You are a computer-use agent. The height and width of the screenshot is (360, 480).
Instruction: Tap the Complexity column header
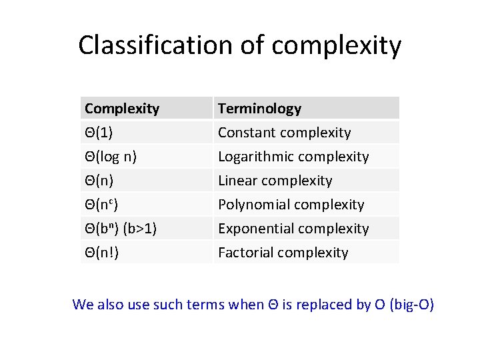(x=122, y=108)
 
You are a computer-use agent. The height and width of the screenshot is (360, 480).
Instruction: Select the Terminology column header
(x=259, y=108)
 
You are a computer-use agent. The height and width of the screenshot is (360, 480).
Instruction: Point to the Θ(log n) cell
(x=111, y=156)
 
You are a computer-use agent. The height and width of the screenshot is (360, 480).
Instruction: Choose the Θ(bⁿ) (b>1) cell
(x=120, y=228)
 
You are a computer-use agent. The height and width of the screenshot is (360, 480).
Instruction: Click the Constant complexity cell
(x=284, y=132)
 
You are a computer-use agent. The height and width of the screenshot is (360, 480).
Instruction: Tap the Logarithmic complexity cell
(x=293, y=156)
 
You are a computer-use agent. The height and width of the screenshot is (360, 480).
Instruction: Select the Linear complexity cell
(x=275, y=180)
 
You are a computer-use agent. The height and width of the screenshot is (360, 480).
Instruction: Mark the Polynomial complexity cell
(x=291, y=204)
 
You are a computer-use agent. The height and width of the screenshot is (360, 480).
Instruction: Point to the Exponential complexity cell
(x=293, y=228)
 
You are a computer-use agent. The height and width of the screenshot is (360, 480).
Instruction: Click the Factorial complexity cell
(x=283, y=252)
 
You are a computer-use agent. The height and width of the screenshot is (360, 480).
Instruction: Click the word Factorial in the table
(x=246, y=252)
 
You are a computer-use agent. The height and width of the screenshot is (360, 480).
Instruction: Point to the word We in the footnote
(x=83, y=305)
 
